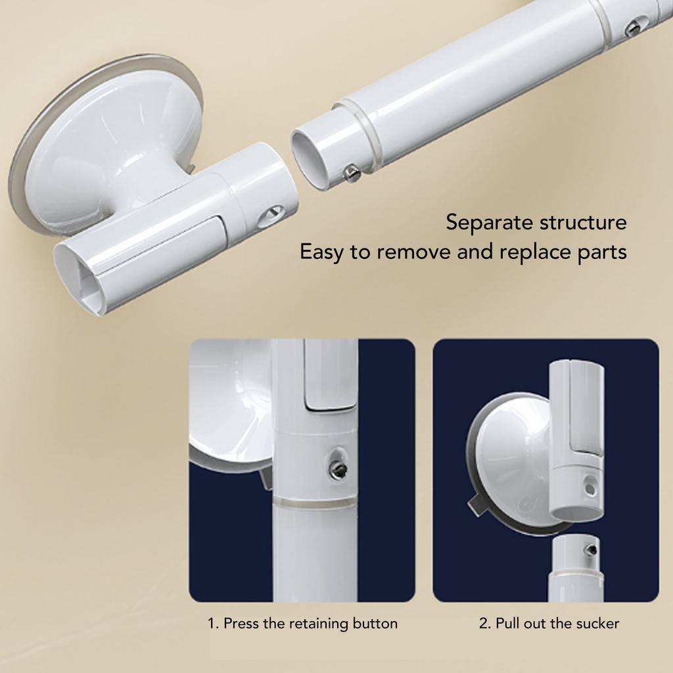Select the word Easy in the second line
pos(322,252)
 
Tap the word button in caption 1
pos(375,623)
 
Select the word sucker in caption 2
pos(597,623)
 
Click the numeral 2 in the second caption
pos(483,623)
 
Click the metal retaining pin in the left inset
pos(337,469)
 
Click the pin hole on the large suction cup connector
pos(270,215)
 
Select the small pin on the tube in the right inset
pos(591,549)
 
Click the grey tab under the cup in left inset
pos(266,478)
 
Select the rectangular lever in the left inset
pos(331,378)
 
